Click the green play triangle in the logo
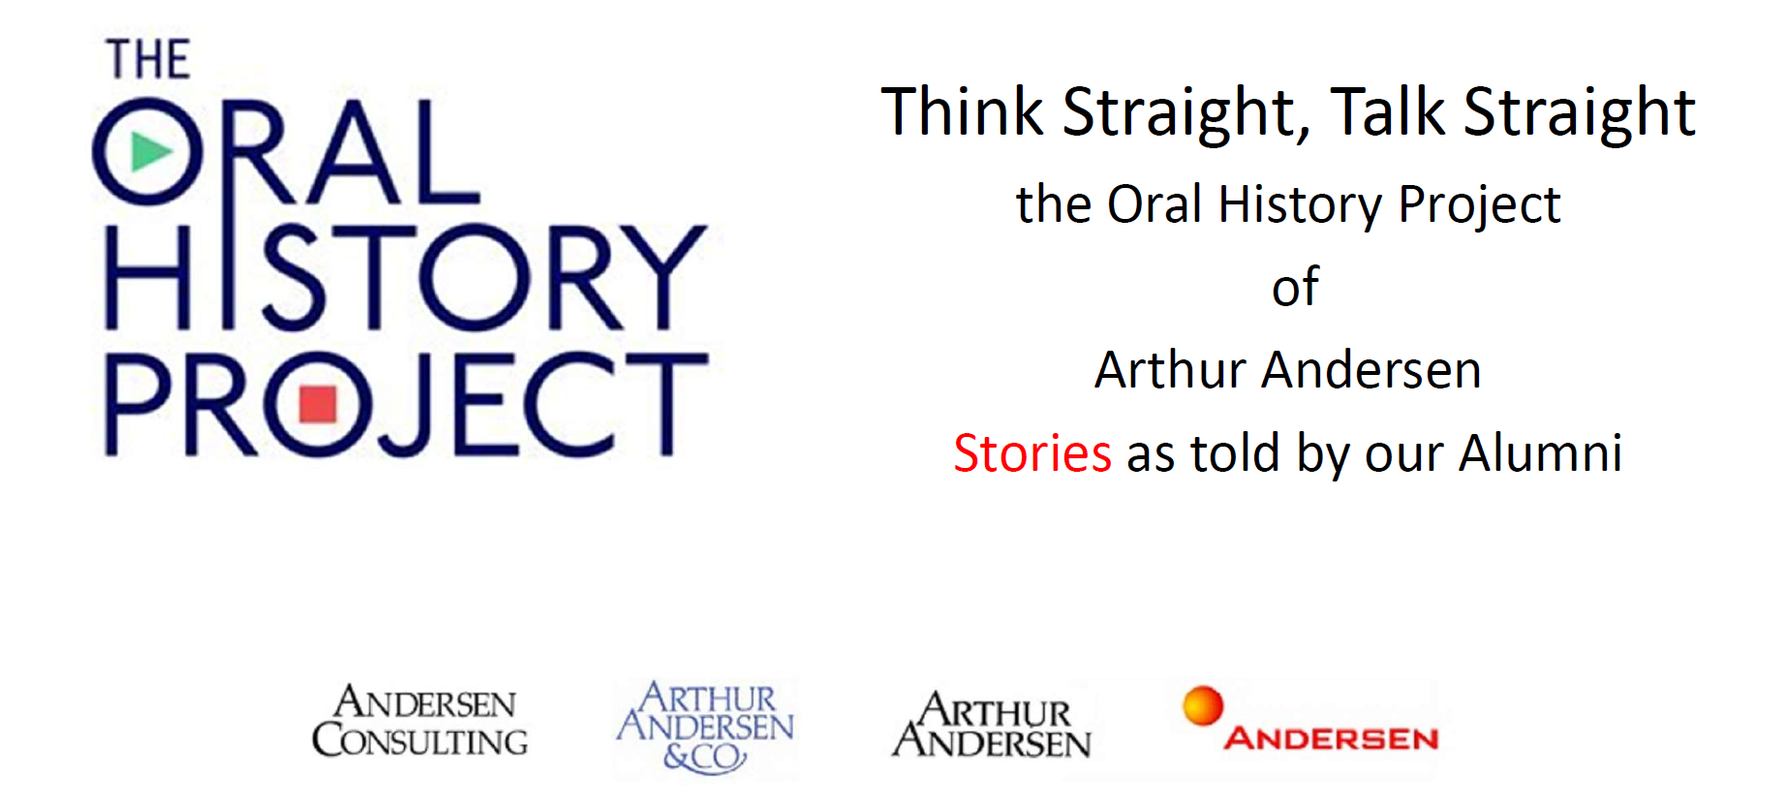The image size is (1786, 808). (x=149, y=152)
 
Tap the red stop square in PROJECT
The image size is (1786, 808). (x=318, y=405)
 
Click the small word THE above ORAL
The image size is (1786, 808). (x=148, y=60)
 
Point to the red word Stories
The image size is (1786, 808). (x=1032, y=453)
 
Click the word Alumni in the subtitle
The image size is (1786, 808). (x=1540, y=452)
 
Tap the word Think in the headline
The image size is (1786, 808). (x=963, y=111)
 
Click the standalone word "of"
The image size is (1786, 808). (x=1295, y=287)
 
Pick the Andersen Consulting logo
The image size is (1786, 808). (x=419, y=722)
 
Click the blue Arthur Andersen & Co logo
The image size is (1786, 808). (x=705, y=727)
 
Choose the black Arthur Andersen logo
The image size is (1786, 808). (x=992, y=725)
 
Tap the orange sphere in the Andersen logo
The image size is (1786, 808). (x=1203, y=705)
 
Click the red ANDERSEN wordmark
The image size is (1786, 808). (x=1331, y=739)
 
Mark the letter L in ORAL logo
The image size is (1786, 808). (x=446, y=152)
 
